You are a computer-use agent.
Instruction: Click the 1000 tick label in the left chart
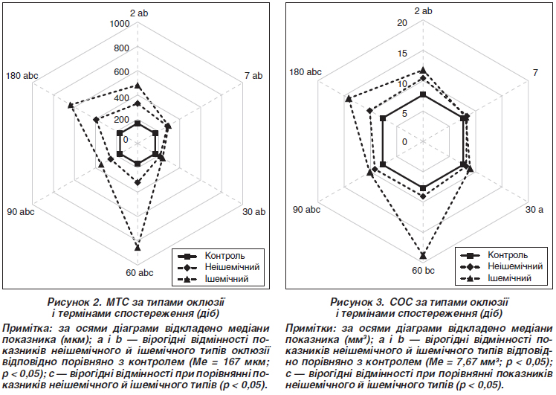(x=120, y=24)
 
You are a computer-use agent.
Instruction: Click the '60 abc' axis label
(x=139, y=273)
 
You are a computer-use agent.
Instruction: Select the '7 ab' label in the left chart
(x=253, y=76)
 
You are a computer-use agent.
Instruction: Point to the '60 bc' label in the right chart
(x=423, y=271)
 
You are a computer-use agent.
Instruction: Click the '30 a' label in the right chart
(x=534, y=210)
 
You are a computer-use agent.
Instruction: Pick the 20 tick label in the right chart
(x=402, y=23)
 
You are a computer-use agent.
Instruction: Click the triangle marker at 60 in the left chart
(x=138, y=248)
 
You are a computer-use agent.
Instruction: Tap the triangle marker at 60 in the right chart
(x=423, y=256)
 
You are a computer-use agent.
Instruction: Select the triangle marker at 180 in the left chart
(x=71, y=105)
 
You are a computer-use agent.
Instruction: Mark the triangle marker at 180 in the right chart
(x=349, y=99)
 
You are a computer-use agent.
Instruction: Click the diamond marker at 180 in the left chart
(x=96, y=120)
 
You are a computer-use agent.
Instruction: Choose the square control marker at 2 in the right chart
(x=423, y=94)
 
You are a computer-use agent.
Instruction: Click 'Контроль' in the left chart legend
(x=224, y=256)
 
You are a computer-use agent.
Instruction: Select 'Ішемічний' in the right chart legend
(x=509, y=278)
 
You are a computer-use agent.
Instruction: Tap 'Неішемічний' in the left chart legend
(x=232, y=267)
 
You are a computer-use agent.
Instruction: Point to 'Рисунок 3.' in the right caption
(x=358, y=302)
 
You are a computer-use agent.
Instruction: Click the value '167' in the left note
(x=242, y=362)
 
